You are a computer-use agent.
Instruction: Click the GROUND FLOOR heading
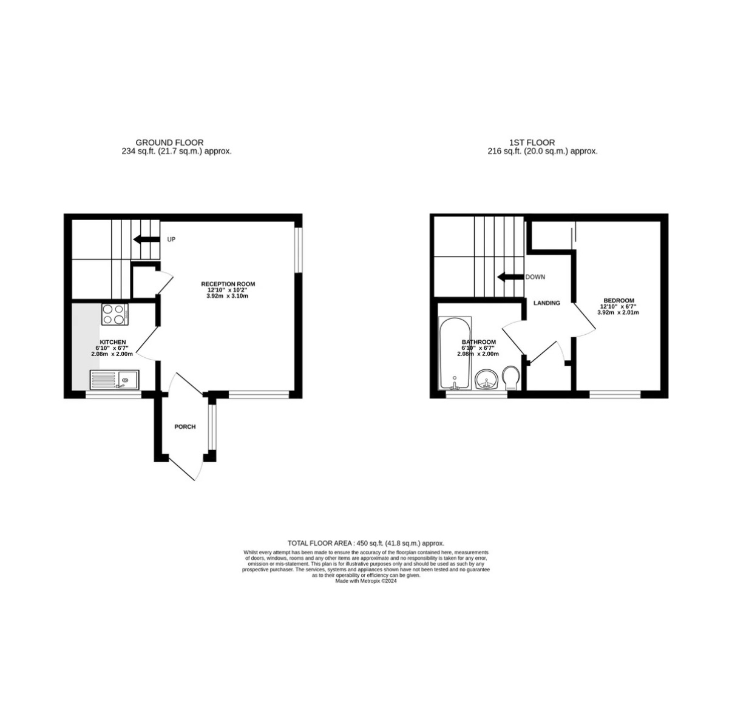pos(169,143)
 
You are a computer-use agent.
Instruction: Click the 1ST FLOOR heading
pos(532,143)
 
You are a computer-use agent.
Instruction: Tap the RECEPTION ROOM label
pos(228,284)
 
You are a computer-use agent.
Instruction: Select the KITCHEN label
pos(113,342)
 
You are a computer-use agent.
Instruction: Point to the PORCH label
pos(185,427)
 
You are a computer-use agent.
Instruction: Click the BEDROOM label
pos(618,301)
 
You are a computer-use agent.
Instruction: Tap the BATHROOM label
pos(479,342)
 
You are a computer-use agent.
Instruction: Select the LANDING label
pos(546,303)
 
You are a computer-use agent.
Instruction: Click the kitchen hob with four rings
pos(115,314)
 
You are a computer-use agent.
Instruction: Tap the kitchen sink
pos(114,380)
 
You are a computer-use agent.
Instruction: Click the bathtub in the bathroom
pos(455,353)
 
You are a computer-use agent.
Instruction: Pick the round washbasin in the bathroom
pos(487,379)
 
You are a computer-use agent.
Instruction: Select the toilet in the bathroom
pos(511,378)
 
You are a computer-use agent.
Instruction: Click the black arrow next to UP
pos(146,239)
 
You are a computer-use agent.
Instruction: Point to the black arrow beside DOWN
pos(511,277)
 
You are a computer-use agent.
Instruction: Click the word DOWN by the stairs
pos(535,277)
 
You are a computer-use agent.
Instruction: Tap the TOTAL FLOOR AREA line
pos(366,543)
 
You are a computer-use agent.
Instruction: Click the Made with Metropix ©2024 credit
pos(365,581)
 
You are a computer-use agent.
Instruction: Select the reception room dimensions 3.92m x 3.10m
pos(227,296)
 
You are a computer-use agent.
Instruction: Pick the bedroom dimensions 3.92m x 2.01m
pos(618,312)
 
